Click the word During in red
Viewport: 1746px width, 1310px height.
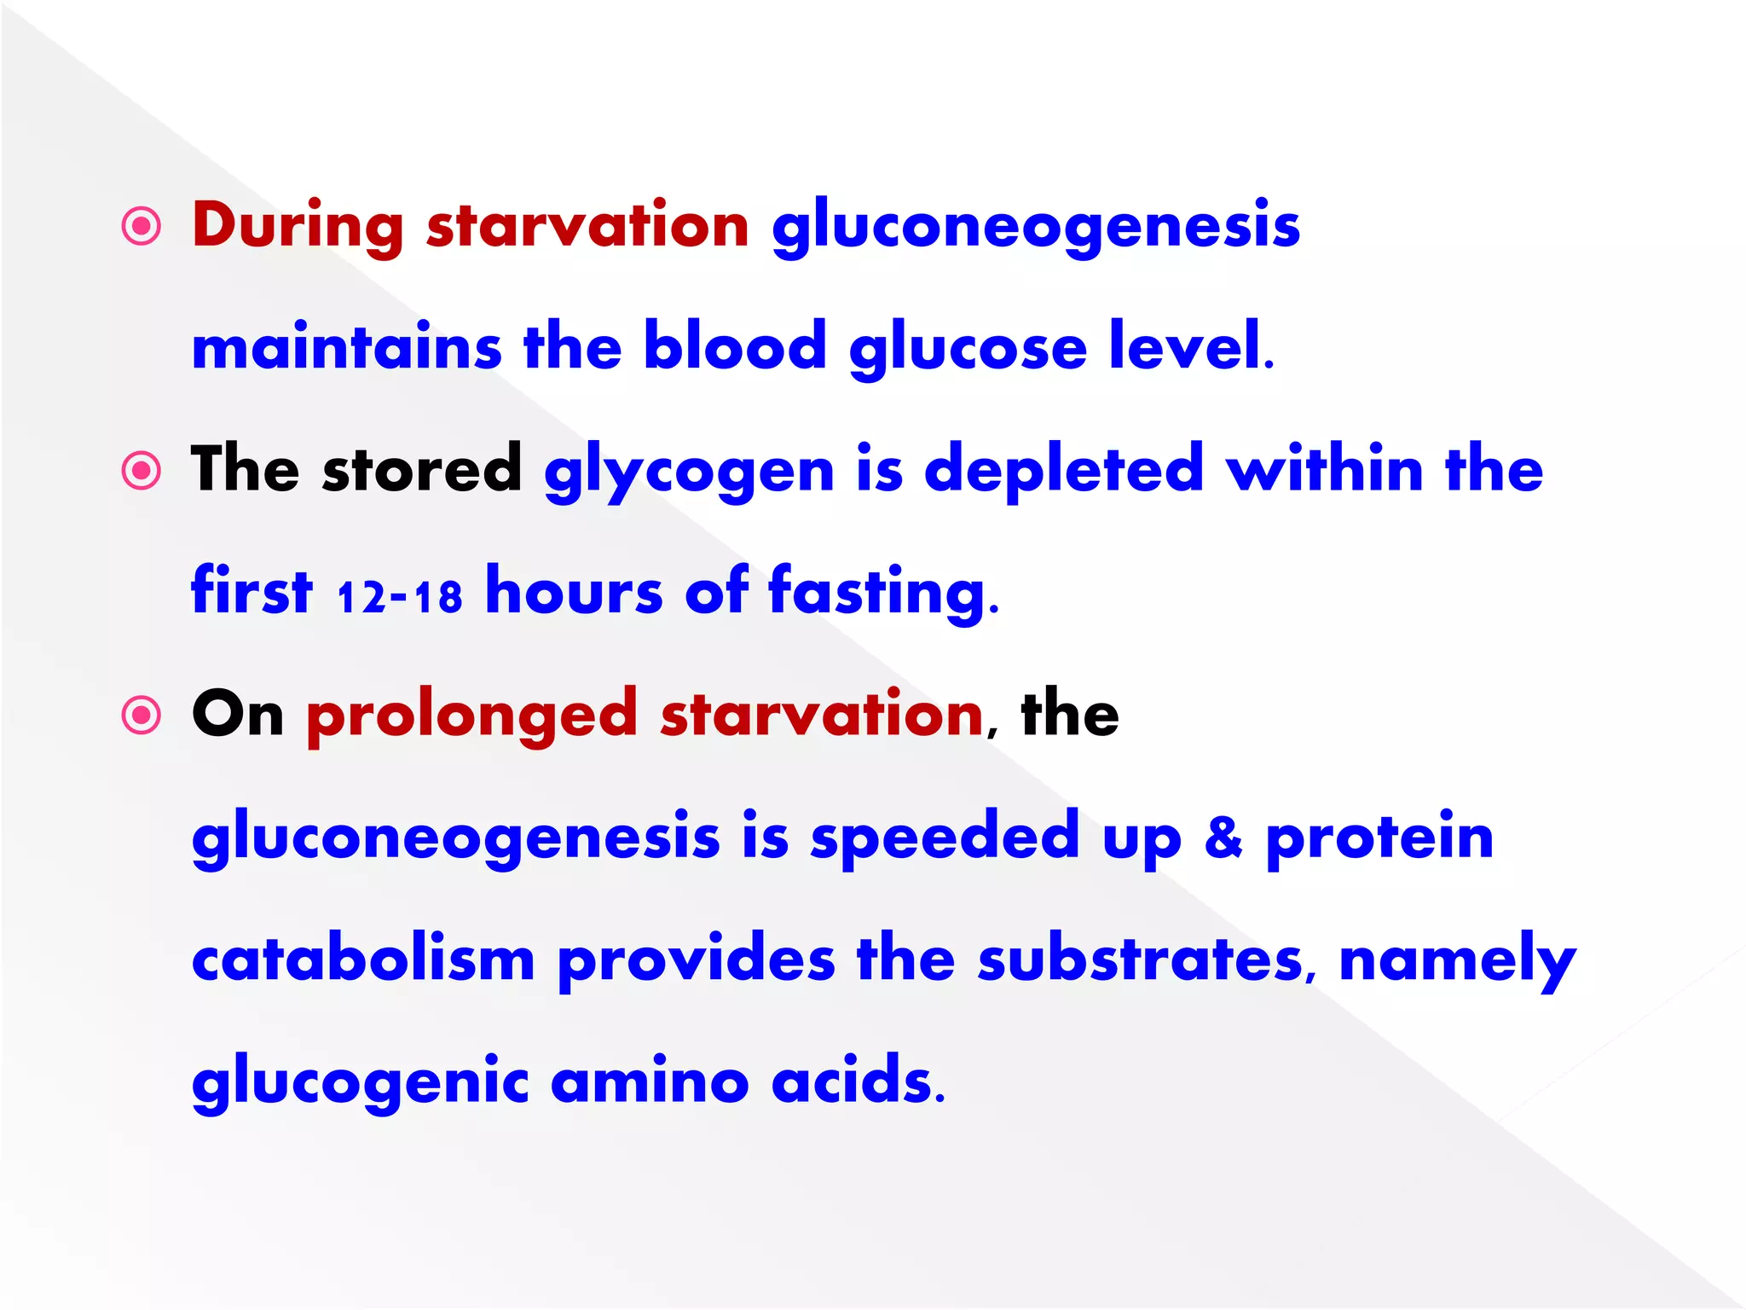(298, 226)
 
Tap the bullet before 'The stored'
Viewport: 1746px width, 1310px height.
(142, 471)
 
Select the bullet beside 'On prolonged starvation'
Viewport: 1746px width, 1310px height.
(142, 715)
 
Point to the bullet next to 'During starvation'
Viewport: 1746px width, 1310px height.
(142, 227)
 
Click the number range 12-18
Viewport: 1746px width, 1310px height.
(399, 596)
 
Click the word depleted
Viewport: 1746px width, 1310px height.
(1064, 471)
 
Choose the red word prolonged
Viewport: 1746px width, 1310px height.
(471, 716)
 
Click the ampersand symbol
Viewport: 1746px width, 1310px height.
(1223, 837)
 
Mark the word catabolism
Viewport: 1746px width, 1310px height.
(363, 959)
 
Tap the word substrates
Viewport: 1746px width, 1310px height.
(1141, 959)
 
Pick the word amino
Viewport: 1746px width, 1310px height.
(650, 1081)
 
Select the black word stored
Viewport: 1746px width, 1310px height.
(422, 469)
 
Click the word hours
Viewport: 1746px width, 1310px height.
(574, 593)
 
